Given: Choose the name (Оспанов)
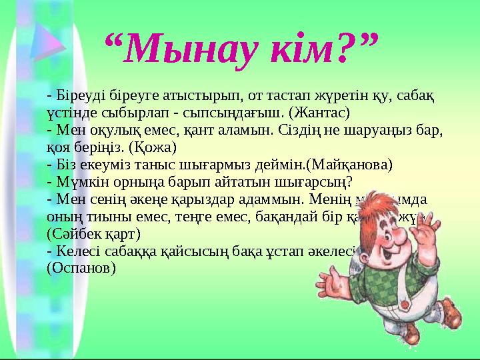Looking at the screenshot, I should pos(81,269).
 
